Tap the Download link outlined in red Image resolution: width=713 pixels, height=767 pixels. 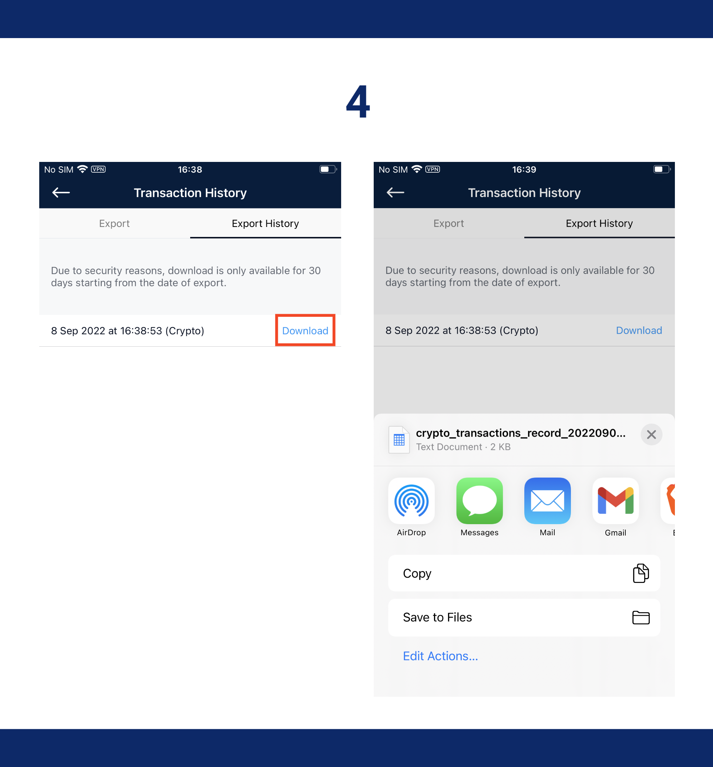point(305,331)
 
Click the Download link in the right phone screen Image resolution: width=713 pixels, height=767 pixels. point(639,330)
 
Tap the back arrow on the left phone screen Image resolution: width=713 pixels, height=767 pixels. point(61,192)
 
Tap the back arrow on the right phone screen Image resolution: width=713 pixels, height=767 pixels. point(396,192)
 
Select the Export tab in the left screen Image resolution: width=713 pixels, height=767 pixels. point(114,224)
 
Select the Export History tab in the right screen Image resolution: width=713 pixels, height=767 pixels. point(599,224)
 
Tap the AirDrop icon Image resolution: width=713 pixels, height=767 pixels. point(411,500)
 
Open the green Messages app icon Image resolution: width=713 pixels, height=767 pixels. point(480,500)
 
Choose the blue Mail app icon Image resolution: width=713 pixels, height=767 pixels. point(548,500)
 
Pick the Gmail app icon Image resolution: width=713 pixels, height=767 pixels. point(615,500)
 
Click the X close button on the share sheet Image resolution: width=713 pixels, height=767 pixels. point(651,434)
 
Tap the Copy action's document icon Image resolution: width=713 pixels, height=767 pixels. point(641,573)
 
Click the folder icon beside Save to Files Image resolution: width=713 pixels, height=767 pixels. point(641,617)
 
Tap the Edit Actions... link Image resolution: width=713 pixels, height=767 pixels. point(440,656)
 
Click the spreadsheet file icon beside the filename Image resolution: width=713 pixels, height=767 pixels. point(399,440)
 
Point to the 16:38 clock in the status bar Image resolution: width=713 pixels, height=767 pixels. point(190,170)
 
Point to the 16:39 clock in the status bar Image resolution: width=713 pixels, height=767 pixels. point(524,170)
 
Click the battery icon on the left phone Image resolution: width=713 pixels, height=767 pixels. point(328,169)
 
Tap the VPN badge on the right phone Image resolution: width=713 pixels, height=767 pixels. point(433,169)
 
